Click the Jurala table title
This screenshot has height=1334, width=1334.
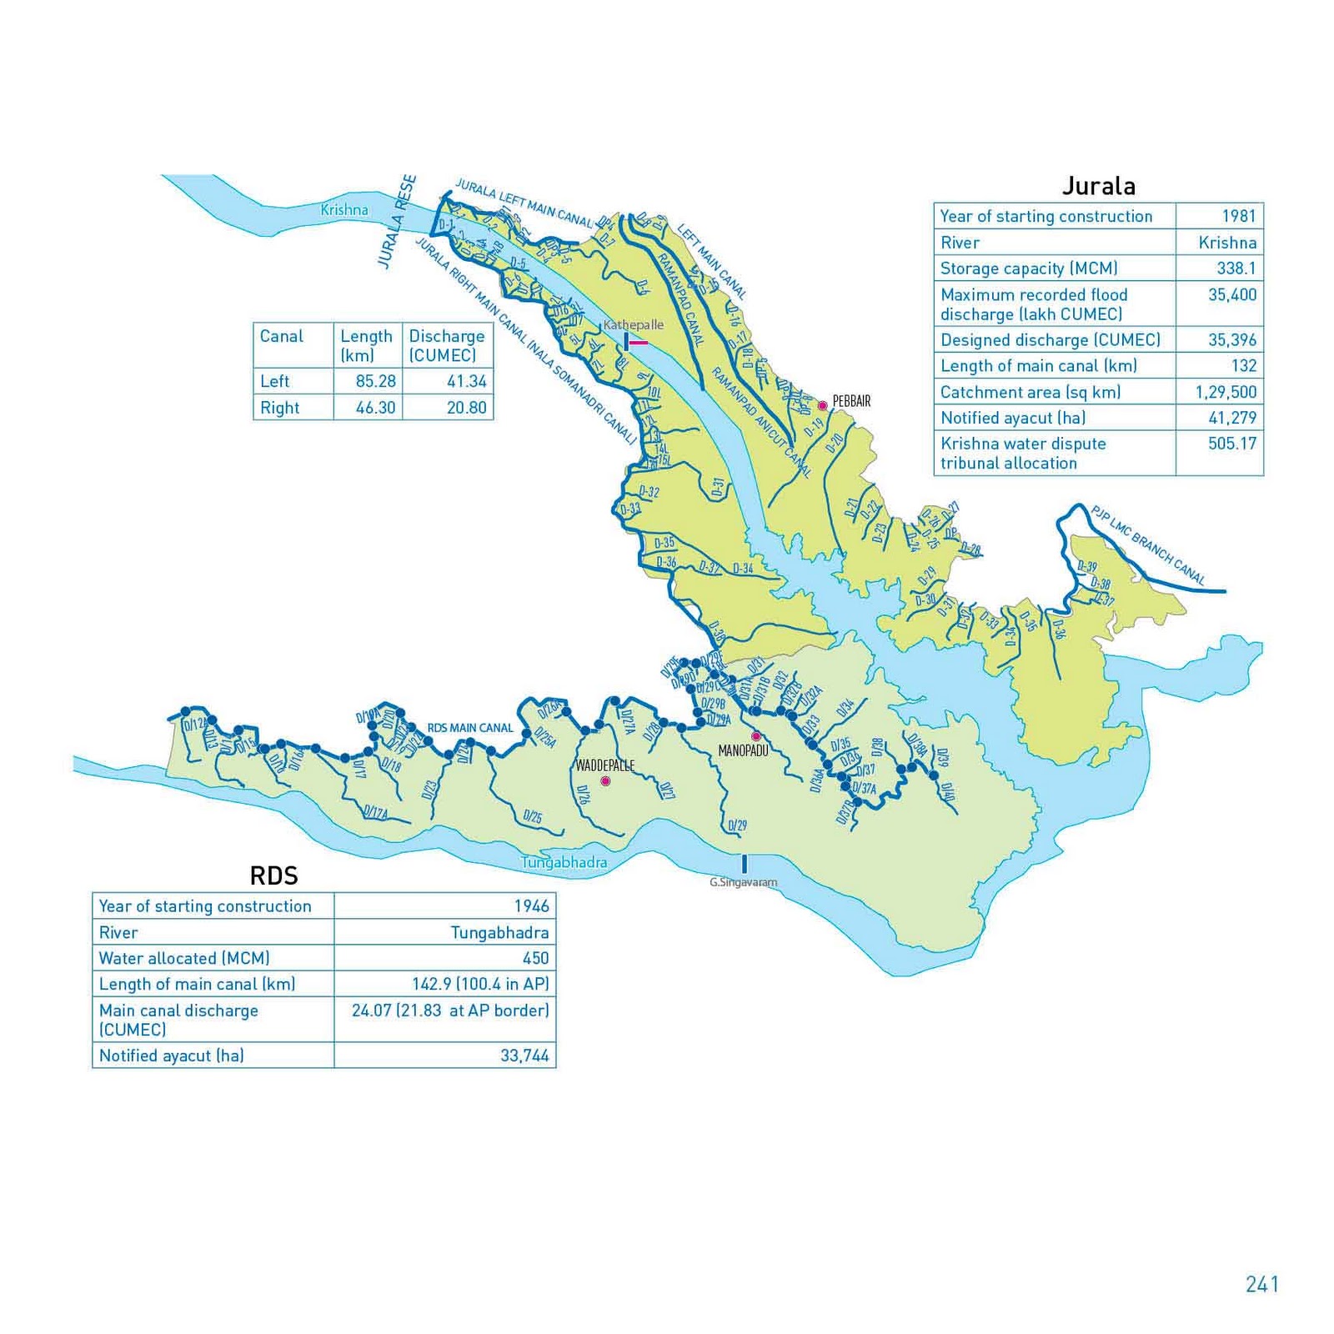coord(1098,186)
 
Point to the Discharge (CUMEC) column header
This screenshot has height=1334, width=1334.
coord(446,345)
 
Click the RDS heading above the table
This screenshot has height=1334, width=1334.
coord(273,875)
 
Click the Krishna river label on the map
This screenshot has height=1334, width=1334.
coord(344,210)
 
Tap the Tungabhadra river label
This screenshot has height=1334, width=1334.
coord(564,863)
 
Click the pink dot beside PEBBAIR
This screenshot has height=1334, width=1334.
coord(822,406)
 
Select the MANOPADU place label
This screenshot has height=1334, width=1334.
coord(743,751)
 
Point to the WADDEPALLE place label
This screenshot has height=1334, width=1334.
coord(605,765)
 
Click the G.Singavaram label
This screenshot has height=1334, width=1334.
coord(743,882)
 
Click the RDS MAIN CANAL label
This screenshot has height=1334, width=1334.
coord(470,728)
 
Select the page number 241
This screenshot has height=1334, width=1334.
coord(1261,1284)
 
